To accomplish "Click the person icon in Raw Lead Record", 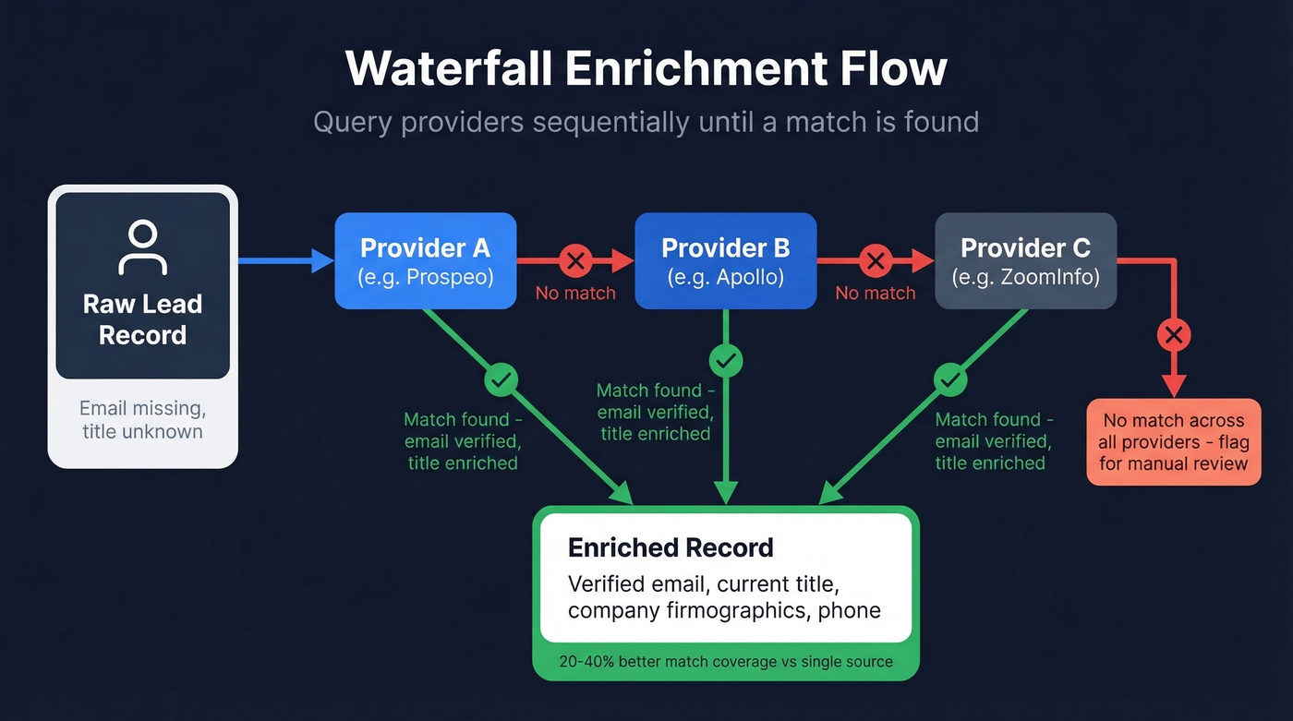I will click(x=142, y=247).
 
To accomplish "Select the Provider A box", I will click(x=425, y=260).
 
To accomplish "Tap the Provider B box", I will click(x=725, y=260).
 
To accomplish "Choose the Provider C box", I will click(x=1025, y=260).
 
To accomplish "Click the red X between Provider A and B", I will click(x=575, y=261).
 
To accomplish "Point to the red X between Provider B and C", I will click(x=875, y=261).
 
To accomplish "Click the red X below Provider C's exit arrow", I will click(x=1174, y=335).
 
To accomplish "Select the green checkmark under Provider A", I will click(x=501, y=379).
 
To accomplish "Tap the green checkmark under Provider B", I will click(x=726, y=359).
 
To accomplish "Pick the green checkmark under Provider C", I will click(x=950, y=379).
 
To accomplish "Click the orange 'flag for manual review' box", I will click(x=1173, y=441).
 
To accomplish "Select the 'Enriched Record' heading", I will click(x=671, y=547).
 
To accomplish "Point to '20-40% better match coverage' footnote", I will click(x=726, y=661).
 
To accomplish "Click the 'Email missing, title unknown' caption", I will click(x=142, y=419).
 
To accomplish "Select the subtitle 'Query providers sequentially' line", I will click(x=646, y=121).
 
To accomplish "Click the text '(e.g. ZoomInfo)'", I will click(x=1025, y=276).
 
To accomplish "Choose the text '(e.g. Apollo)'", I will click(x=725, y=276).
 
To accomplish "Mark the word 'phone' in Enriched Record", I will click(x=849, y=610).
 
